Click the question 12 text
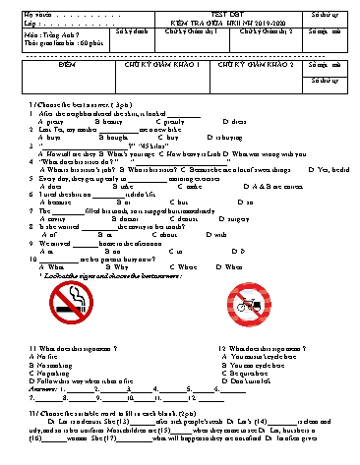coord(255,348)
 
